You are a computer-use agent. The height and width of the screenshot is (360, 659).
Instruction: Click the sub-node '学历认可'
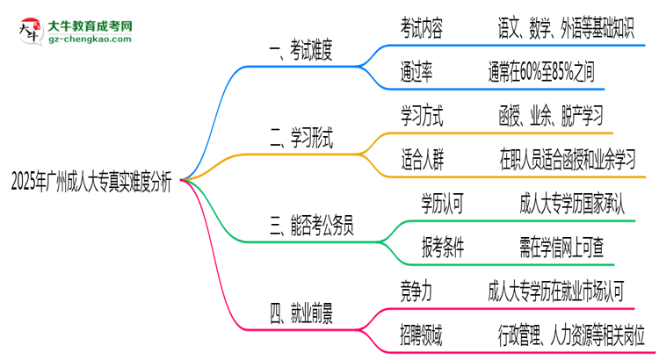[443, 204]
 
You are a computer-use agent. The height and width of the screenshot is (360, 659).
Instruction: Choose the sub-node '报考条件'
[443, 247]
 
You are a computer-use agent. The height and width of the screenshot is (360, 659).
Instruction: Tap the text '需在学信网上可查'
[561, 247]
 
